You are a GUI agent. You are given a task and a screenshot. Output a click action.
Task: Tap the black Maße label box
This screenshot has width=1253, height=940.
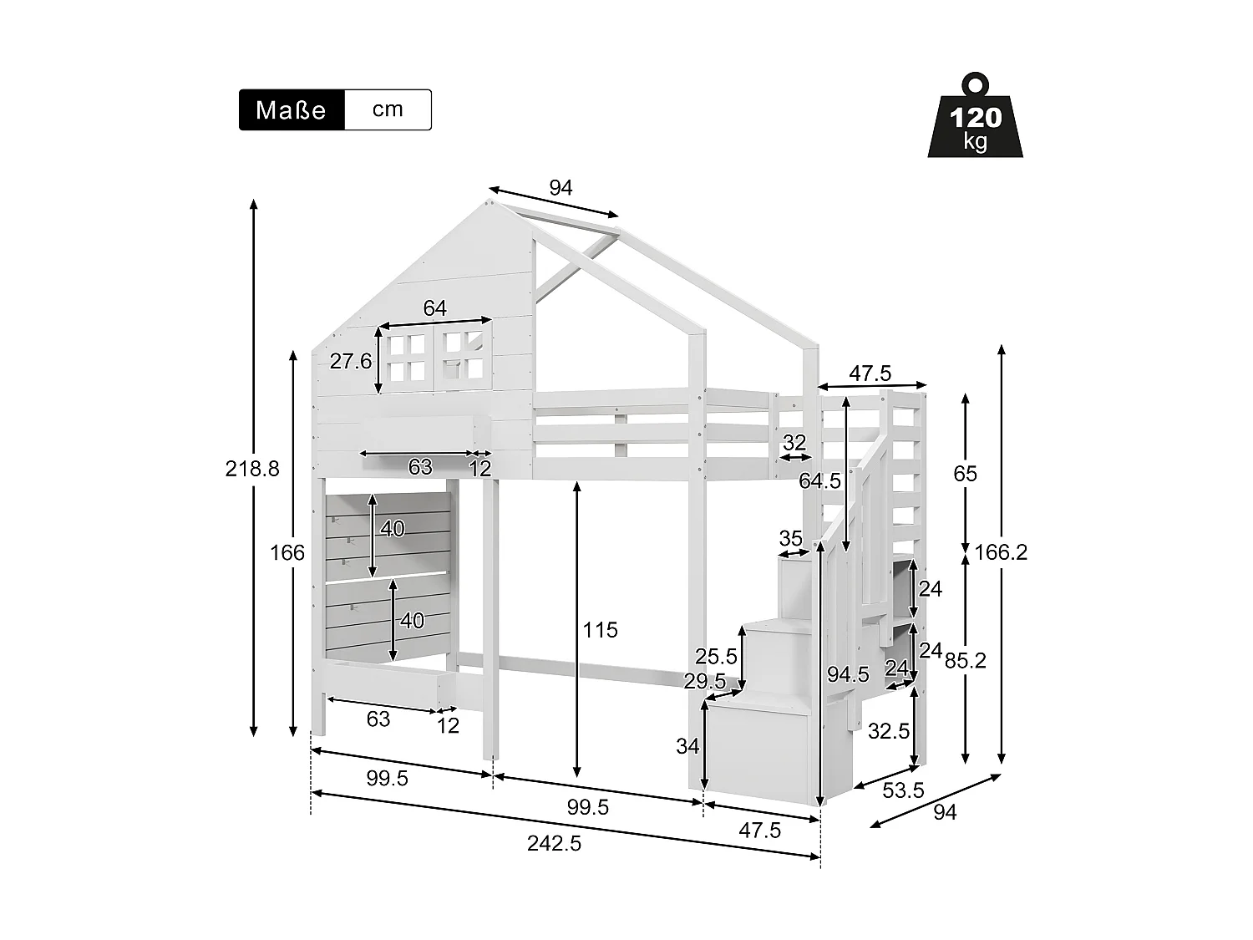(x=292, y=109)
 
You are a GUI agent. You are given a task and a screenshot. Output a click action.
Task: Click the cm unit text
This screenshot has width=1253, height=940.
(x=388, y=109)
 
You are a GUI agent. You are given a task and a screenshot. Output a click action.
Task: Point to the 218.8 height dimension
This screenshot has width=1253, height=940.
(x=252, y=469)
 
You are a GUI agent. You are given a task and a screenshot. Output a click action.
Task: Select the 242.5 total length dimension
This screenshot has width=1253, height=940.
(x=554, y=843)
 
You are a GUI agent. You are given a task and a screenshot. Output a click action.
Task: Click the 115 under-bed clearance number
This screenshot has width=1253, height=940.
(x=600, y=630)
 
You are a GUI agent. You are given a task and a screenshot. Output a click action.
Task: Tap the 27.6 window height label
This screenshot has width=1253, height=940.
(x=351, y=361)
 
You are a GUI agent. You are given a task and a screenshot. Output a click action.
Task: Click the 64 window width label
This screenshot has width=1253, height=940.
(x=434, y=308)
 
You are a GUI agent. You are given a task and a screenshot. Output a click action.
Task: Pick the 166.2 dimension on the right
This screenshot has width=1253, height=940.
(x=1001, y=552)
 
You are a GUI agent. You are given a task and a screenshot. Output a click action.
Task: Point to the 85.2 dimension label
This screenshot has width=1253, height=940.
(x=966, y=660)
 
